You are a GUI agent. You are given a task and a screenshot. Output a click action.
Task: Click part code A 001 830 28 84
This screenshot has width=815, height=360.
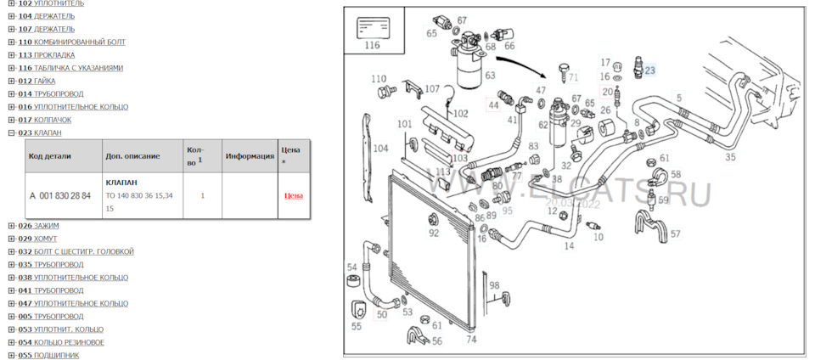[59, 196]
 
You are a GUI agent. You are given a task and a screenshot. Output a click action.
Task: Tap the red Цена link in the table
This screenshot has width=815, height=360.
[293, 196]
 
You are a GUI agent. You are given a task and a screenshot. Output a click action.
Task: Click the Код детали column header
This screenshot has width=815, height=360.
[49, 156]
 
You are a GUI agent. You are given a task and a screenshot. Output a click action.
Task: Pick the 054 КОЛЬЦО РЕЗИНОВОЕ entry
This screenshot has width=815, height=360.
[67, 342]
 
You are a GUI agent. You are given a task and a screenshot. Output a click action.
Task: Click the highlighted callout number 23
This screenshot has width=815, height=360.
[651, 70]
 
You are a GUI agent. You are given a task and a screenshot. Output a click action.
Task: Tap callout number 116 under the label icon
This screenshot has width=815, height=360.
[372, 46]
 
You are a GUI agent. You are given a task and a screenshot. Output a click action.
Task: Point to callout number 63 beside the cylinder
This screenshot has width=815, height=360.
[490, 76]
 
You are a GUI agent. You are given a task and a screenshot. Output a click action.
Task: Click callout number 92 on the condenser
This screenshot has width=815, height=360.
[434, 233]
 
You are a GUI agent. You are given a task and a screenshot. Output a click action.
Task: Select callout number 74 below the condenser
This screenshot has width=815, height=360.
[471, 339]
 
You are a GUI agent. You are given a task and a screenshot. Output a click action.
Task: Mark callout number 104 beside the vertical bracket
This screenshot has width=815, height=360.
[380, 148]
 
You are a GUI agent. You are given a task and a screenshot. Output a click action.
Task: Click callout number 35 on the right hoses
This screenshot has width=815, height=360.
[730, 157]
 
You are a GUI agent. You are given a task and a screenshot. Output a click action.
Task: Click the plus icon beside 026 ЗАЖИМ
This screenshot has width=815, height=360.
[12, 226]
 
